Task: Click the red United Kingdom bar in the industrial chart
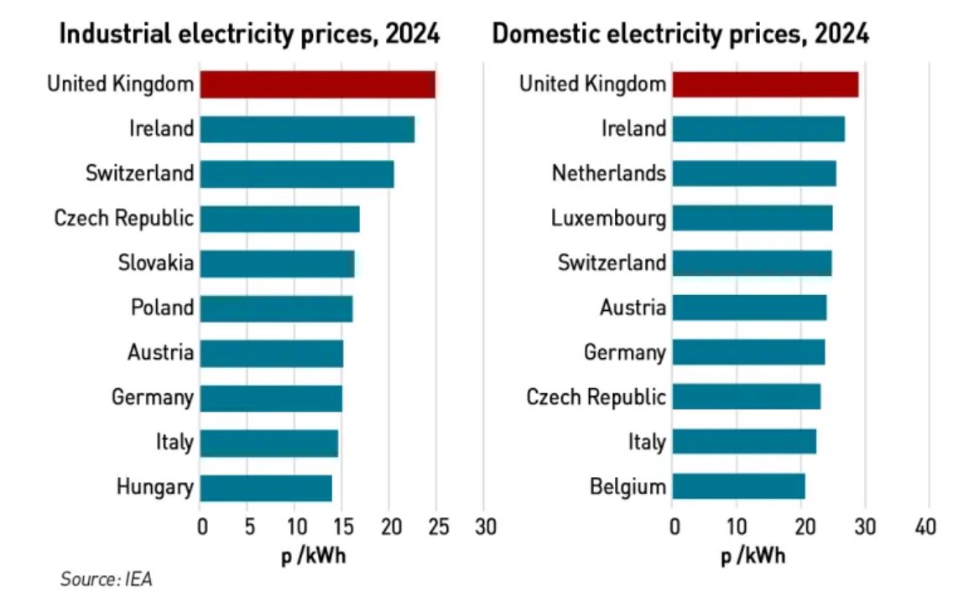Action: point(317,85)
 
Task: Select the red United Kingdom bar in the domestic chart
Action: point(764,85)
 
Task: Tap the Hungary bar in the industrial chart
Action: point(266,487)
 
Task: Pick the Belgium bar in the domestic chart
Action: point(738,486)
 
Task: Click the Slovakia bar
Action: point(277,263)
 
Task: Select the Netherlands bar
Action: point(753,174)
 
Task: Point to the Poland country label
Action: point(162,308)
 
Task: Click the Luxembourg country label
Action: point(608,218)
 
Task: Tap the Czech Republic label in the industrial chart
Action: point(123,219)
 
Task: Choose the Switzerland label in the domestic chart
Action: point(612,262)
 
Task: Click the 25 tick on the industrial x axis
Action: point(436,527)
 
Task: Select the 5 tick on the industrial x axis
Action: point(248,527)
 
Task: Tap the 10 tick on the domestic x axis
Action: point(736,527)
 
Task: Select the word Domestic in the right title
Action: point(541,35)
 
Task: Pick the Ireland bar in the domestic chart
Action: point(758,129)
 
